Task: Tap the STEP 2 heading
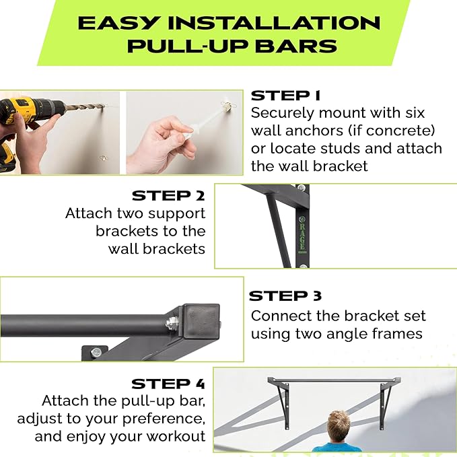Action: click(168, 196)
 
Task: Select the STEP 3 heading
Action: click(285, 296)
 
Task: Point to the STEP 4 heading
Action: click(168, 384)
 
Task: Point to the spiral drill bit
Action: click(85, 107)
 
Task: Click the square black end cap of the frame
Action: click(200, 324)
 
